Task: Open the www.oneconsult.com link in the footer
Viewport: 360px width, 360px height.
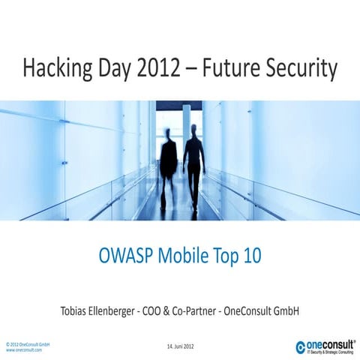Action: point(24,349)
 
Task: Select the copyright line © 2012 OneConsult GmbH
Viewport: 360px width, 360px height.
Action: point(28,343)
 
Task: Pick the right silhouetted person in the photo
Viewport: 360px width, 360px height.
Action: point(194,161)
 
